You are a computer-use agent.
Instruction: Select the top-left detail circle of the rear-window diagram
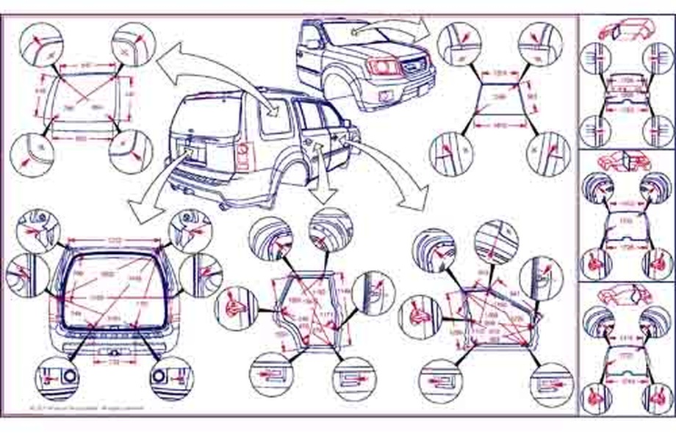[x=40, y=43]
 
